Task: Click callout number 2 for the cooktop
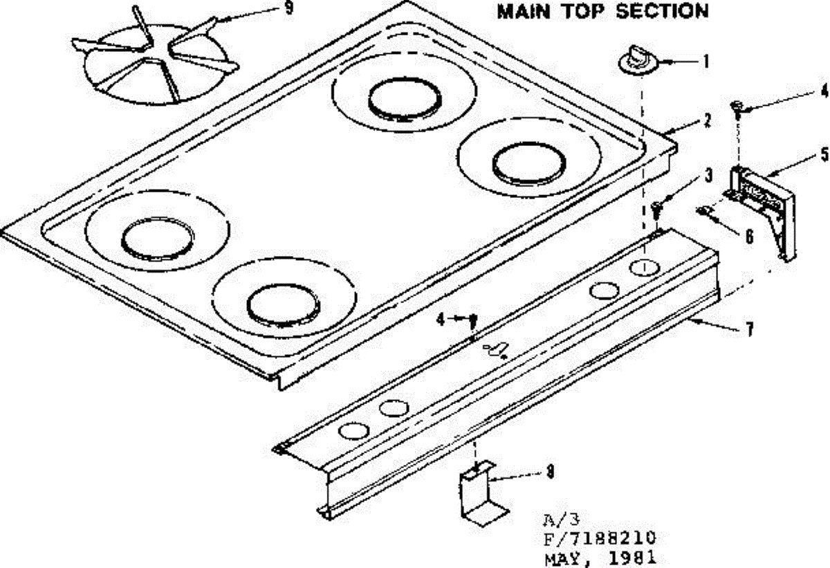tap(708, 120)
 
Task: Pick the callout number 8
tap(550, 473)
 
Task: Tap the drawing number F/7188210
tap(599, 538)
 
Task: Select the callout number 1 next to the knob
tap(705, 62)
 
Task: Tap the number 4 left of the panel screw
tap(440, 319)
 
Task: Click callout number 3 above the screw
tap(708, 176)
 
